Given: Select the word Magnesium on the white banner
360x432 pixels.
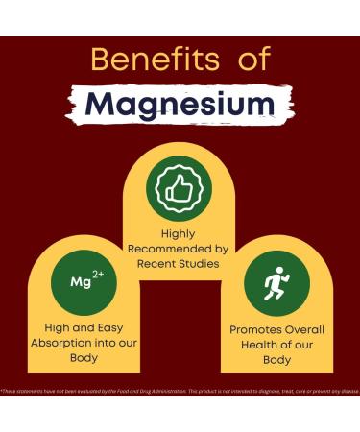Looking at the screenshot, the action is tap(180, 104).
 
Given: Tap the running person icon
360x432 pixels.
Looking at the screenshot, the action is tap(276, 283).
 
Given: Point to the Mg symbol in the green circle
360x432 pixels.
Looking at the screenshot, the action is tap(80, 284).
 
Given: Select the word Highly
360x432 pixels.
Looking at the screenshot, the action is tap(180, 232).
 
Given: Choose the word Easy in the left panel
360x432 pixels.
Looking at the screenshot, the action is tap(113, 328).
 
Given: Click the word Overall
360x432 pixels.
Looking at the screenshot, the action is tap(306, 329).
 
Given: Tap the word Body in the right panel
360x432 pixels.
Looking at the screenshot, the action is tap(276, 361).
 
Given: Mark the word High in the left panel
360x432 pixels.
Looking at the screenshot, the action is tap(46, 328).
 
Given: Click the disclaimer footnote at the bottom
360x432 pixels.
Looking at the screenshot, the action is tap(180, 391).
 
